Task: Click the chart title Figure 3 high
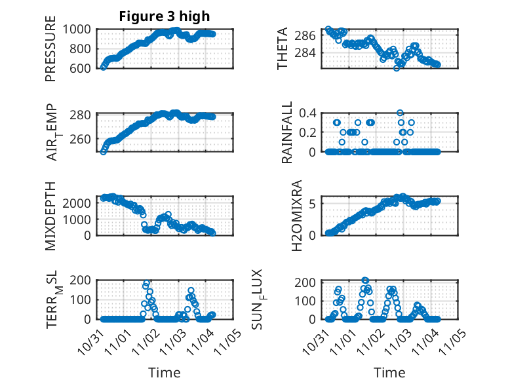164,16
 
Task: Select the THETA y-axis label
283,48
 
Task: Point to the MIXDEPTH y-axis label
50,216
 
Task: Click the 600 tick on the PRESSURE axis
83,67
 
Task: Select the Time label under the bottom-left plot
164,372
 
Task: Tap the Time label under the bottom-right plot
389,372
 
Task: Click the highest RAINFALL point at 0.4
400,113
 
